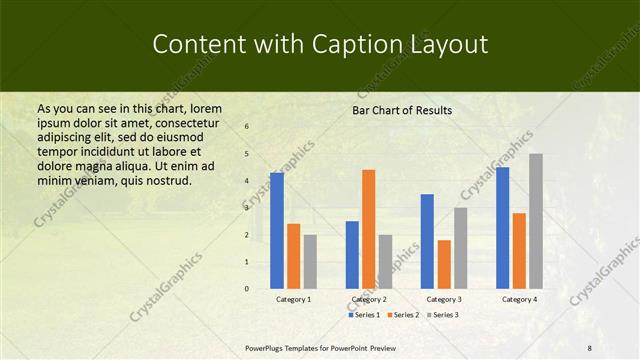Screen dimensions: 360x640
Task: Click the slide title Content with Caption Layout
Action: point(319,45)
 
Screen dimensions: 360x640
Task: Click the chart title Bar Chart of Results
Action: point(402,110)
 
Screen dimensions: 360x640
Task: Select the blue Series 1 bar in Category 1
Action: point(277,231)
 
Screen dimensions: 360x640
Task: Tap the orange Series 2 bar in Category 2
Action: point(368,229)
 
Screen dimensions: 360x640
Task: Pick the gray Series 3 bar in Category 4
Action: point(536,221)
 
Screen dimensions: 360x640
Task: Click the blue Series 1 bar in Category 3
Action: point(427,241)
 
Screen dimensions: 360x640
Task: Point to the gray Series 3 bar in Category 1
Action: point(310,262)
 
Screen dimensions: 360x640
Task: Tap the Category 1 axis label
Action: point(293,299)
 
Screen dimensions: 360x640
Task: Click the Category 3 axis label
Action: point(443,299)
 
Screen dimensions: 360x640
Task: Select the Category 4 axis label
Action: point(519,299)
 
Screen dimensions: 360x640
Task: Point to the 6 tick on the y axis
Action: point(247,127)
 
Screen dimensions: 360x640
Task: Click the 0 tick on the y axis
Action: point(247,289)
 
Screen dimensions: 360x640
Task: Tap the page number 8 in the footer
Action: point(590,348)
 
